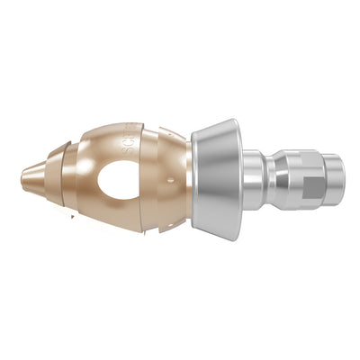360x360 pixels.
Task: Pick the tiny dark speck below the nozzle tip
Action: [72, 216]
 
